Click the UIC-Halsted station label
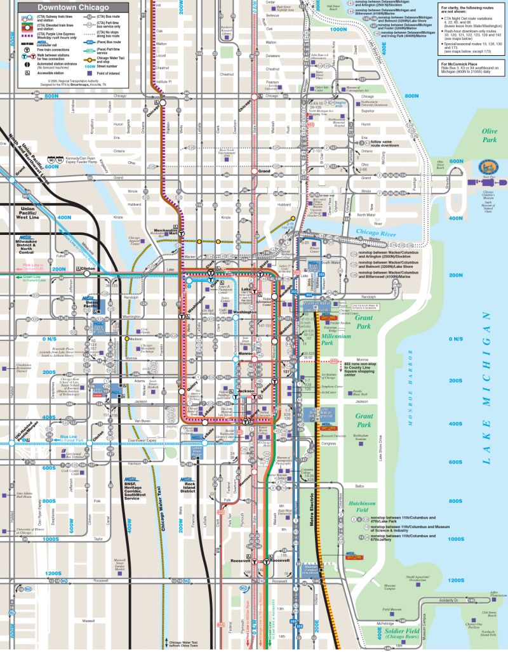click(x=25, y=435)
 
